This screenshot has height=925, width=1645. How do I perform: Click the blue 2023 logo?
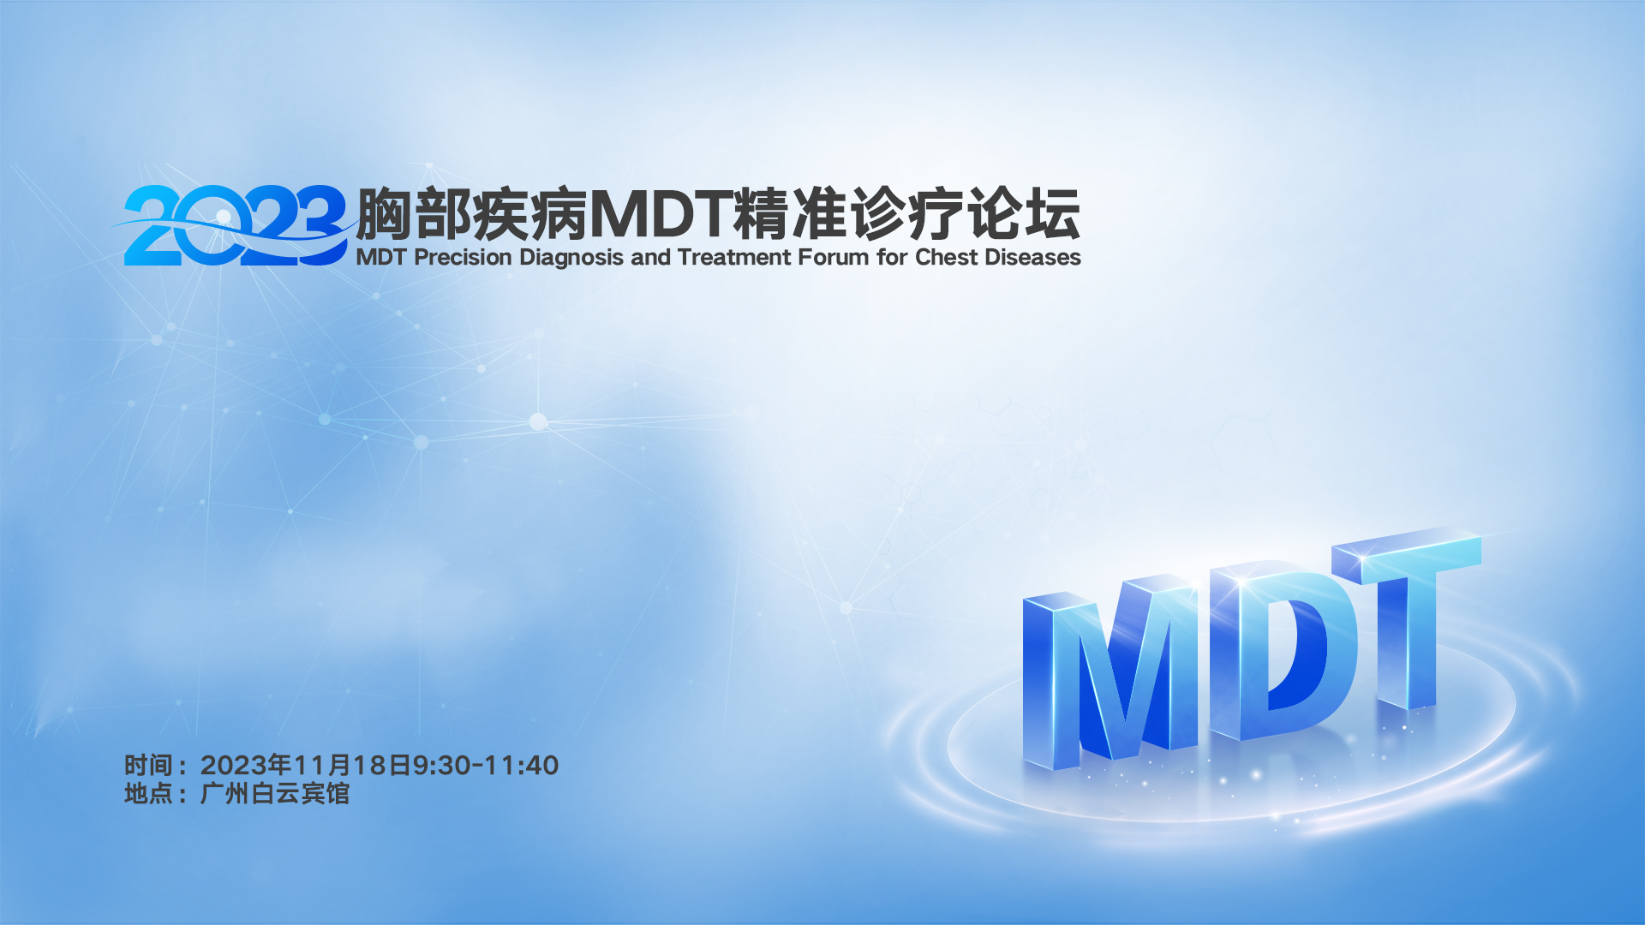(x=233, y=225)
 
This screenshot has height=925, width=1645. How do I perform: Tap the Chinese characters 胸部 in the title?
(x=413, y=214)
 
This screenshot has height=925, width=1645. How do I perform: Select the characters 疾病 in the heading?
(x=529, y=214)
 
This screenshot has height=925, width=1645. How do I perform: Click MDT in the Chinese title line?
(x=661, y=214)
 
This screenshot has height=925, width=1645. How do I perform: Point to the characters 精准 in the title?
(x=791, y=214)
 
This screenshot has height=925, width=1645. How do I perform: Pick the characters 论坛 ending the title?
(x=1024, y=214)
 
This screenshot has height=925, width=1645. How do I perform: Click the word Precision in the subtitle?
(x=463, y=258)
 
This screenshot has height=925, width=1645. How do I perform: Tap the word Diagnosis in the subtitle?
(x=571, y=259)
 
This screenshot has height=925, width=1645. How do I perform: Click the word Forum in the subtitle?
(x=833, y=258)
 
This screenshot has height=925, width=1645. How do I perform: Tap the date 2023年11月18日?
(x=307, y=765)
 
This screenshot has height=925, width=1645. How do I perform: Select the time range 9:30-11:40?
(x=487, y=765)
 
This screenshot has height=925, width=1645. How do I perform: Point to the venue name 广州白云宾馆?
(x=275, y=794)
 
